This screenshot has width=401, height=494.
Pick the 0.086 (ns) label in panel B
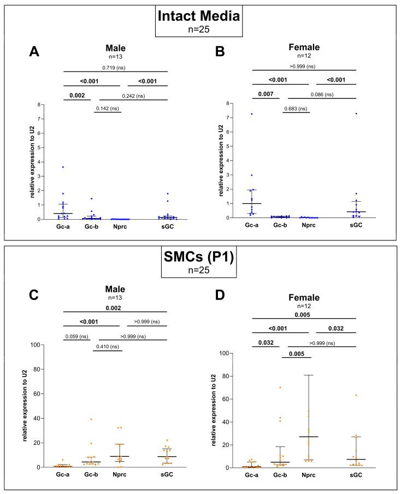point(323,95)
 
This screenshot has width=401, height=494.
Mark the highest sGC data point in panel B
point(356,114)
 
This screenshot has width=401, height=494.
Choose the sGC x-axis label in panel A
point(168,227)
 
